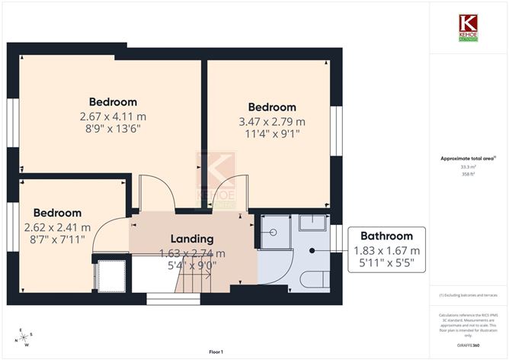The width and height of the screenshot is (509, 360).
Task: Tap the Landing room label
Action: (191, 239)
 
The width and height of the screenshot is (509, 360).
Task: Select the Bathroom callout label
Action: (386, 236)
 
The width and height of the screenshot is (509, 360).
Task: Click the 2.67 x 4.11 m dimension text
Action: (113, 116)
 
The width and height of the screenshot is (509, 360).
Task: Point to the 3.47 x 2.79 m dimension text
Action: (272, 121)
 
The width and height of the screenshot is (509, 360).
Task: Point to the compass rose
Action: (26, 337)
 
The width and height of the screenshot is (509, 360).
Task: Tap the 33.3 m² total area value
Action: (468, 166)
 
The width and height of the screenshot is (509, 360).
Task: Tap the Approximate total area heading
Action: (468, 158)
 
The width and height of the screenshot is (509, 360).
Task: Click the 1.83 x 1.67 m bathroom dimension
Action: (386, 250)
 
